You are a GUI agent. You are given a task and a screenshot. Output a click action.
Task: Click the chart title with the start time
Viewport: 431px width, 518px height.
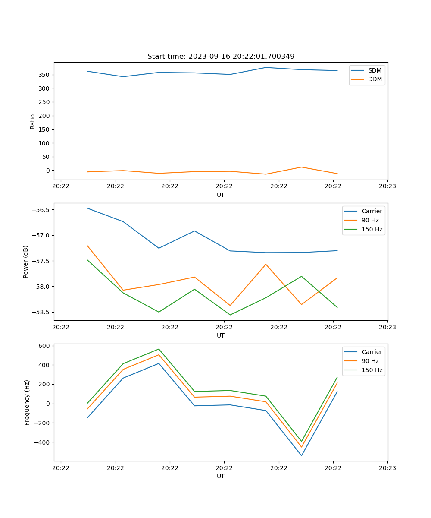click(x=221, y=56)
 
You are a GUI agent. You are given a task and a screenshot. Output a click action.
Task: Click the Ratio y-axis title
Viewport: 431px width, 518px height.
click(x=33, y=121)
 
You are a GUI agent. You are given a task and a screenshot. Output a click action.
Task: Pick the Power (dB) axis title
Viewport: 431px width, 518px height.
click(x=26, y=262)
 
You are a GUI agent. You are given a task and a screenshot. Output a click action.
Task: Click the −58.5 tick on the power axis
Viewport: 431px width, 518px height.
click(x=40, y=312)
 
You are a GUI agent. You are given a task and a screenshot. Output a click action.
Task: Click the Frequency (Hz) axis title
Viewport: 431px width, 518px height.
click(x=27, y=402)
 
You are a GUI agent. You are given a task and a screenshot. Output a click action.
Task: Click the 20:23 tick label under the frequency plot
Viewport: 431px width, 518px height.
click(x=387, y=468)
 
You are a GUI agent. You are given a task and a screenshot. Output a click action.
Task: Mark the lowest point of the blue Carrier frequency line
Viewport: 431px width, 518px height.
click(x=301, y=455)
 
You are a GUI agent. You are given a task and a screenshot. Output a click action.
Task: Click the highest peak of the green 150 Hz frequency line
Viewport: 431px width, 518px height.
click(x=159, y=349)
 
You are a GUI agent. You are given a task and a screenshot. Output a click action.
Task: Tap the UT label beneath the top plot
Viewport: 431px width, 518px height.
click(x=221, y=195)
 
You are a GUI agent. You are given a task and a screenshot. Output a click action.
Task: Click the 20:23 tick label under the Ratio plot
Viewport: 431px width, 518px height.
click(x=387, y=186)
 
